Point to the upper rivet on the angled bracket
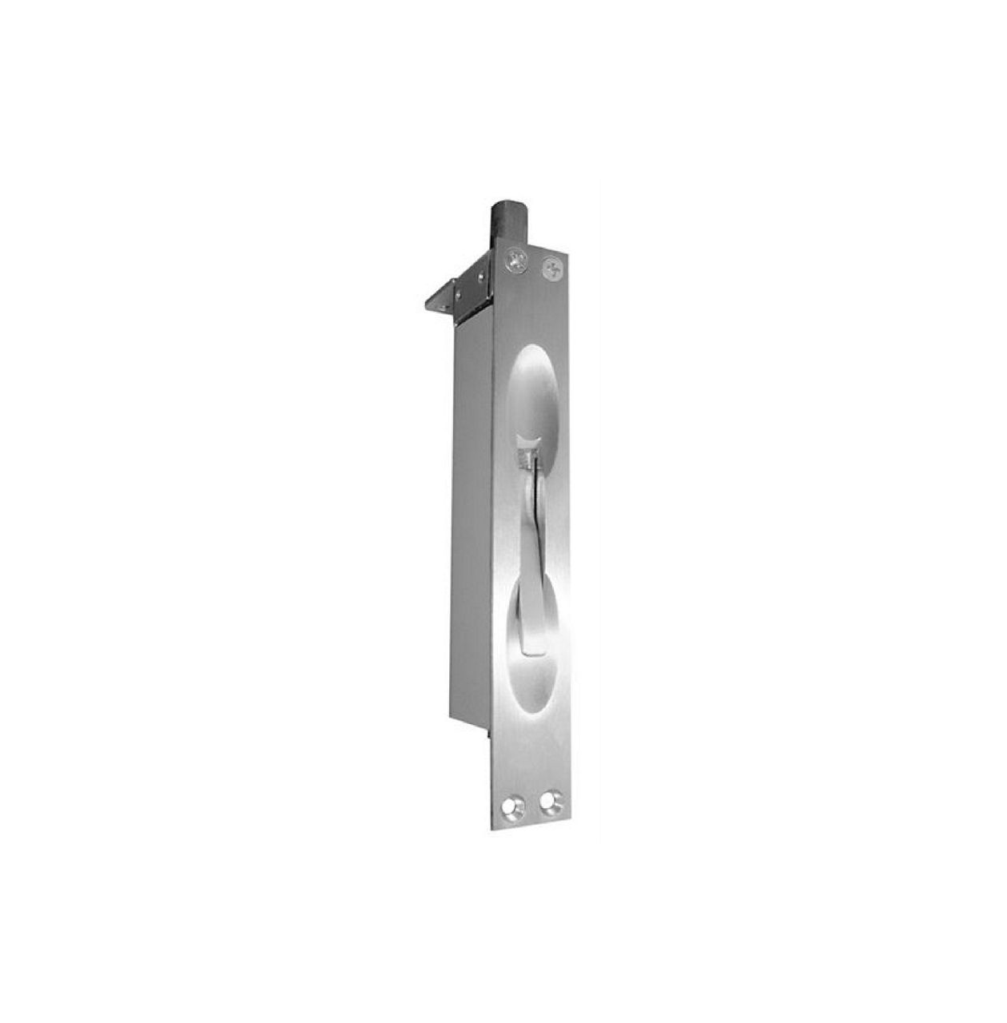(x=480, y=276)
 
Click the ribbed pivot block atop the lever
(x=525, y=458)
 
